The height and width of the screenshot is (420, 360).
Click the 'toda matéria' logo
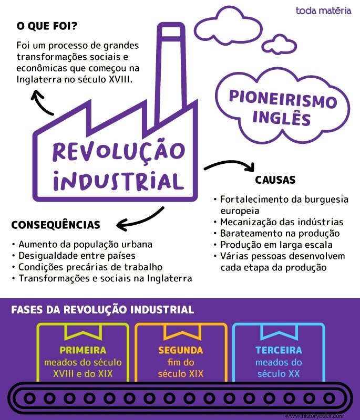pos(323,10)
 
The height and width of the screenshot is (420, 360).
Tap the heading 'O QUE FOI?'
pos(47,26)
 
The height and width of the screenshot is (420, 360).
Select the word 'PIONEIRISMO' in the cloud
pos(283,99)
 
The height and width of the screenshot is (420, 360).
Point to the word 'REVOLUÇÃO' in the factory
pos(119,152)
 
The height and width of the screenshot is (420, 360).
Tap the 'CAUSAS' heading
pos(275,180)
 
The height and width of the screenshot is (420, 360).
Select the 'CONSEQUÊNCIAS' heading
pos(56,225)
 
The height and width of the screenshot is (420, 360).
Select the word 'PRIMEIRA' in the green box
pos(83,350)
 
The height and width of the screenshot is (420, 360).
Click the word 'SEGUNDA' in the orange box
pos(181,350)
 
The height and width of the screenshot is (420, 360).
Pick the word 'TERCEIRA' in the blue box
pos(279,350)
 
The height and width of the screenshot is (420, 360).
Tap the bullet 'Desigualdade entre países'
pos(74,256)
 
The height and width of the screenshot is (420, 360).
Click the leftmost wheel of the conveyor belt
pos(29,398)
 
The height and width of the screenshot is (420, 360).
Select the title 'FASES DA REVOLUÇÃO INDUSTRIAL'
pos(102,310)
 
